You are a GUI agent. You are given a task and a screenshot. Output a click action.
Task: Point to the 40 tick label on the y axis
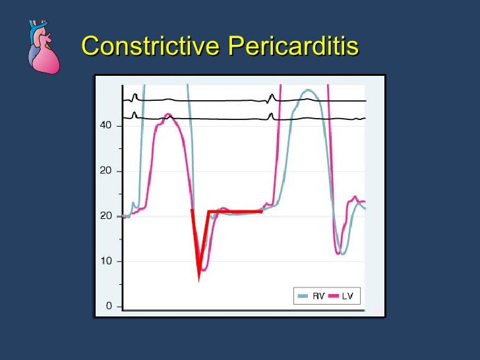[105, 125]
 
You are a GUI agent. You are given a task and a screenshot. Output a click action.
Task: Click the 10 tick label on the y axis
[105, 261]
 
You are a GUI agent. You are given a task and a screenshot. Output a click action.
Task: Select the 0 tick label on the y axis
[109, 306]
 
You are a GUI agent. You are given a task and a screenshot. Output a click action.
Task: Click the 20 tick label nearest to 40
[105, 171]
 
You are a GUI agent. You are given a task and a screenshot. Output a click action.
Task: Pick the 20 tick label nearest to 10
[105, 216]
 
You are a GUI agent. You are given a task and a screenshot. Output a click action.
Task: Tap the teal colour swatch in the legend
[303, 297]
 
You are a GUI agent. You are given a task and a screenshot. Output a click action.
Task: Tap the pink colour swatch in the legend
[333, 297]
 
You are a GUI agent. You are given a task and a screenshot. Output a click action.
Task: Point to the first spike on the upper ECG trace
[135, 96]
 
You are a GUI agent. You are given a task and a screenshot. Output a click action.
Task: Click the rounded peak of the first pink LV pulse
[168, 116]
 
